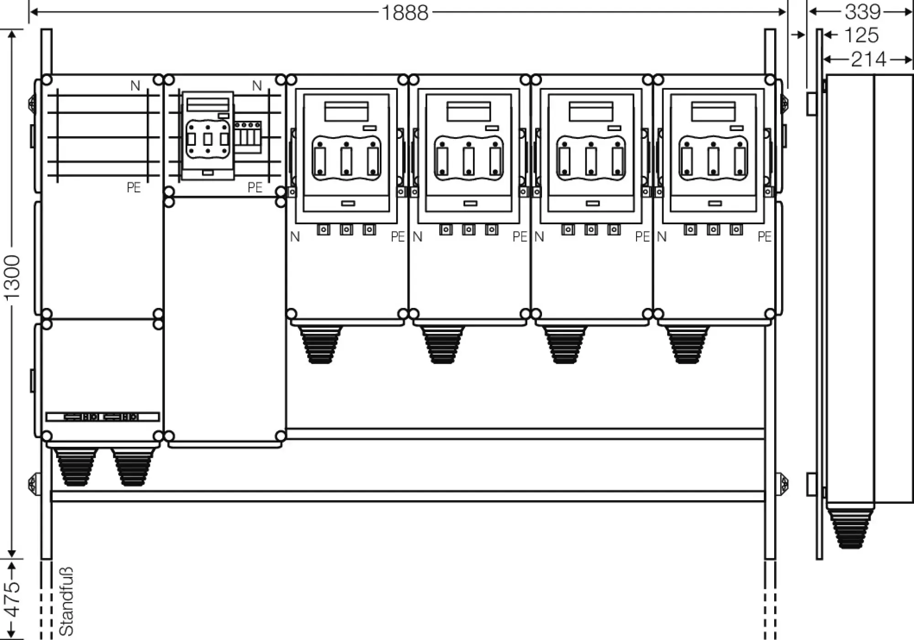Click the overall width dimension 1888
405,12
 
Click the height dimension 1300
12,277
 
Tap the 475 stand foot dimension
12,599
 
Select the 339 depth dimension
862,11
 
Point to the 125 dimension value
861,35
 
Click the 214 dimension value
868,59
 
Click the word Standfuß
66,601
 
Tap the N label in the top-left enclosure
135,85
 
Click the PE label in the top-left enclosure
133,188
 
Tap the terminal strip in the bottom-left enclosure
102,417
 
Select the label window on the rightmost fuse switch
713,111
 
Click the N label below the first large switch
295,237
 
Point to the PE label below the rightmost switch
764,237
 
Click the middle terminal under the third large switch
591,229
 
